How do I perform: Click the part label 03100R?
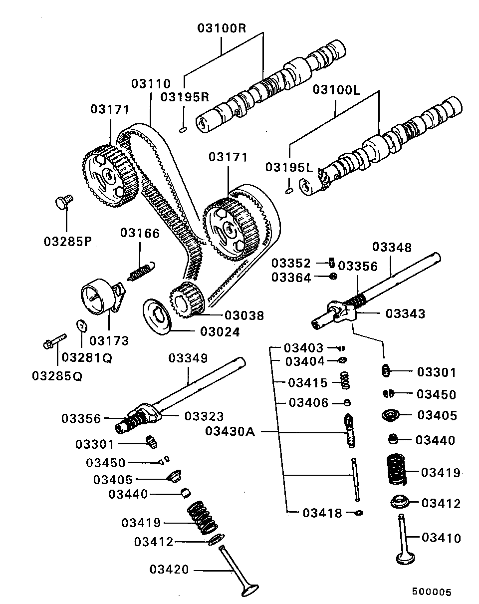pyautogui.click(x=222, y=28)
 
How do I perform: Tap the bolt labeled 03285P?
pyautogui.click(x=63, y=203)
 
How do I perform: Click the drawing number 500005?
pyautogui.click(x=431, y=592)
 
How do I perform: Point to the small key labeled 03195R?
pyautogui.click(x=182, y=130)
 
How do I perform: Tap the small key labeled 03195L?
pyautogui.click(x=288, y=190)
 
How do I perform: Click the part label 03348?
pyautogui.click(x=392, y=247)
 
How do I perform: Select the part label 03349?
pyautogui.click(x=187, y=358)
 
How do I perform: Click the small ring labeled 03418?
pyautogui.click(x=358, y=513)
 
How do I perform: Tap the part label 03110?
pyautogui.click(x=151, y=84)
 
